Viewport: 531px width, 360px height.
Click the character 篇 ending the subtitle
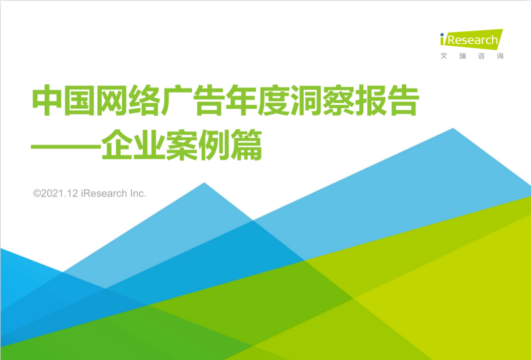tap(246, 145)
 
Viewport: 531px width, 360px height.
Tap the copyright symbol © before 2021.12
tap(37, 193)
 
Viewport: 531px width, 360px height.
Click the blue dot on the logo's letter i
tap(442, 34)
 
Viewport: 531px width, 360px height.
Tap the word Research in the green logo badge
tap(473, 40)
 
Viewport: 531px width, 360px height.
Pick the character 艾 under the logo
tap(443, 56)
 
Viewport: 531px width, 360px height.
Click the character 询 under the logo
tap(500, 56)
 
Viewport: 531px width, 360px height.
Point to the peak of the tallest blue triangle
tap(453, 128)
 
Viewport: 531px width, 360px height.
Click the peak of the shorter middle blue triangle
tap(204, 183)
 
